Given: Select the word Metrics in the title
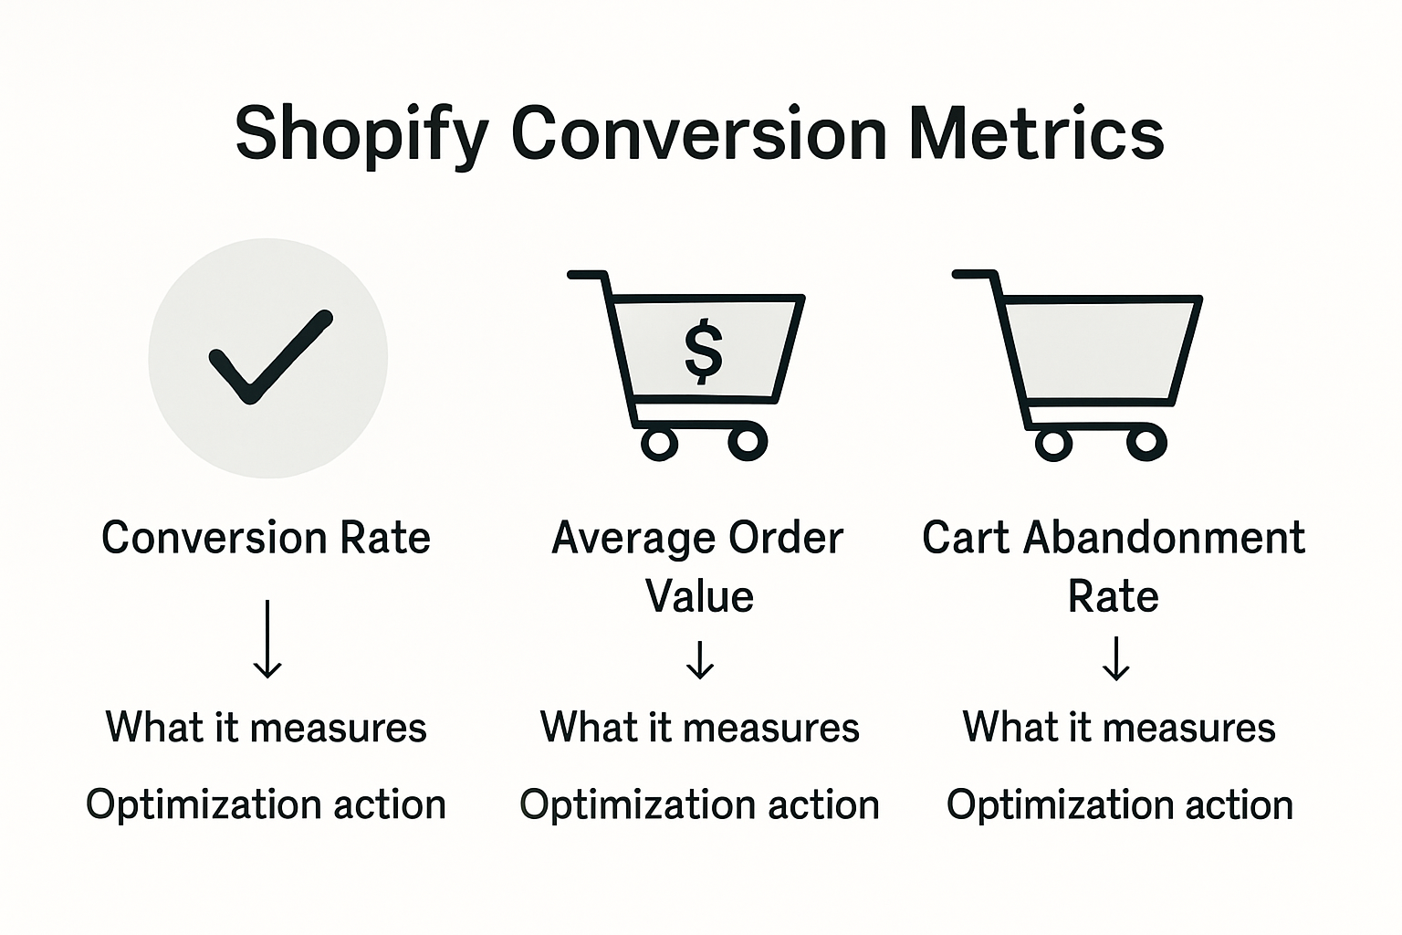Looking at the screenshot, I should tap(1036, 133).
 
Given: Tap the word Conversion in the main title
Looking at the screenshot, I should tap(698, 133).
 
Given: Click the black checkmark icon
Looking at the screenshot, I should tap(270, 357).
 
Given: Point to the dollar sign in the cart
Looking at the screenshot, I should tap(703, 351).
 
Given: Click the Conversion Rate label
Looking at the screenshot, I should tap(266, 538).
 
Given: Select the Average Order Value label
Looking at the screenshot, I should tap(698, 566).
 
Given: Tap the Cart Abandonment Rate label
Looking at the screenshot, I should tap(1113, 566).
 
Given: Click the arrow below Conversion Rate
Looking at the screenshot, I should tap(267, 639).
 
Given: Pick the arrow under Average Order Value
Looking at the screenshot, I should tap(700, 660).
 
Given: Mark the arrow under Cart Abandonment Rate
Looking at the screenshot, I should tap(1115, 660).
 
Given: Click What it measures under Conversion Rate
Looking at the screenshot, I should tap(266, 728).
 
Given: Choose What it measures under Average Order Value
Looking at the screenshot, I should tap(700, 728).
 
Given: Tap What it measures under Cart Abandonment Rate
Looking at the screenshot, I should tap(1119, 728).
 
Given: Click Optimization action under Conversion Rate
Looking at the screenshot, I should tap(266, 804).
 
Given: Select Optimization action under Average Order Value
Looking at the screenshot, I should tap(700, 804).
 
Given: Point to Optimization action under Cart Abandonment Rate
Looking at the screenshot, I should tap(1119, 804).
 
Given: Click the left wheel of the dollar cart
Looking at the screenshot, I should tap(659, 443).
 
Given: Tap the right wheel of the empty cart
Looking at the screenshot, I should tap(1146, 444).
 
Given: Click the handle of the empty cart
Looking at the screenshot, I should tap(972, 273).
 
